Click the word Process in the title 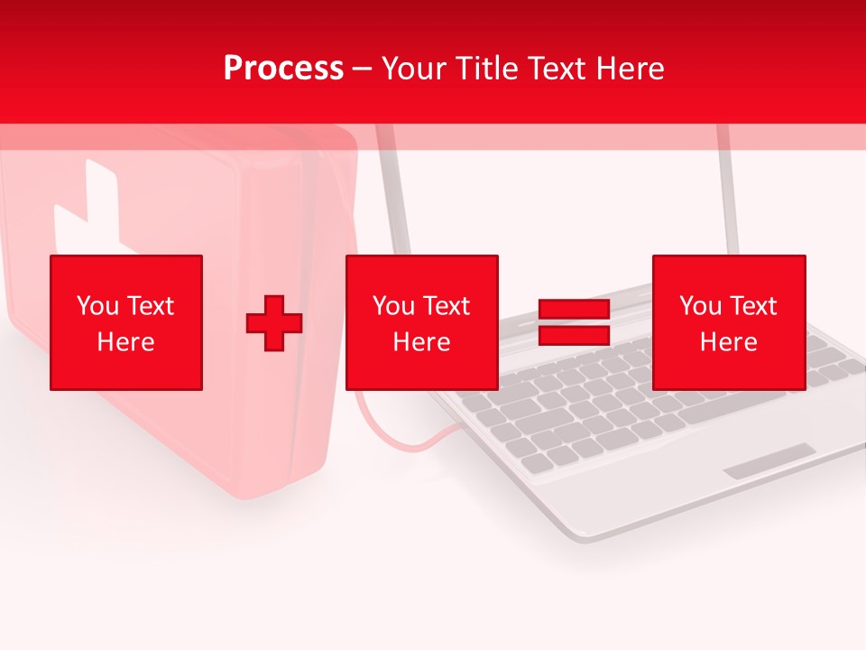(x=283, y=69)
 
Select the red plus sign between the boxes (x=274, y=322)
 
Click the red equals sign (x=574, y=322)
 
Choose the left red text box (x=126, y=322)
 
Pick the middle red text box (x=421, y=322)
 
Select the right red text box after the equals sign (x=729, y=322)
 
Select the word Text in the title (x=557, y=69)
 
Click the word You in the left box (x=97, y=306)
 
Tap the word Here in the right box (x=729, y=342)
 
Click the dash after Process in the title (x=363, y=70)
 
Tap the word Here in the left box (x=126, y=342)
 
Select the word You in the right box (x=700, y=306)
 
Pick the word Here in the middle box (x=421, y=342)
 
